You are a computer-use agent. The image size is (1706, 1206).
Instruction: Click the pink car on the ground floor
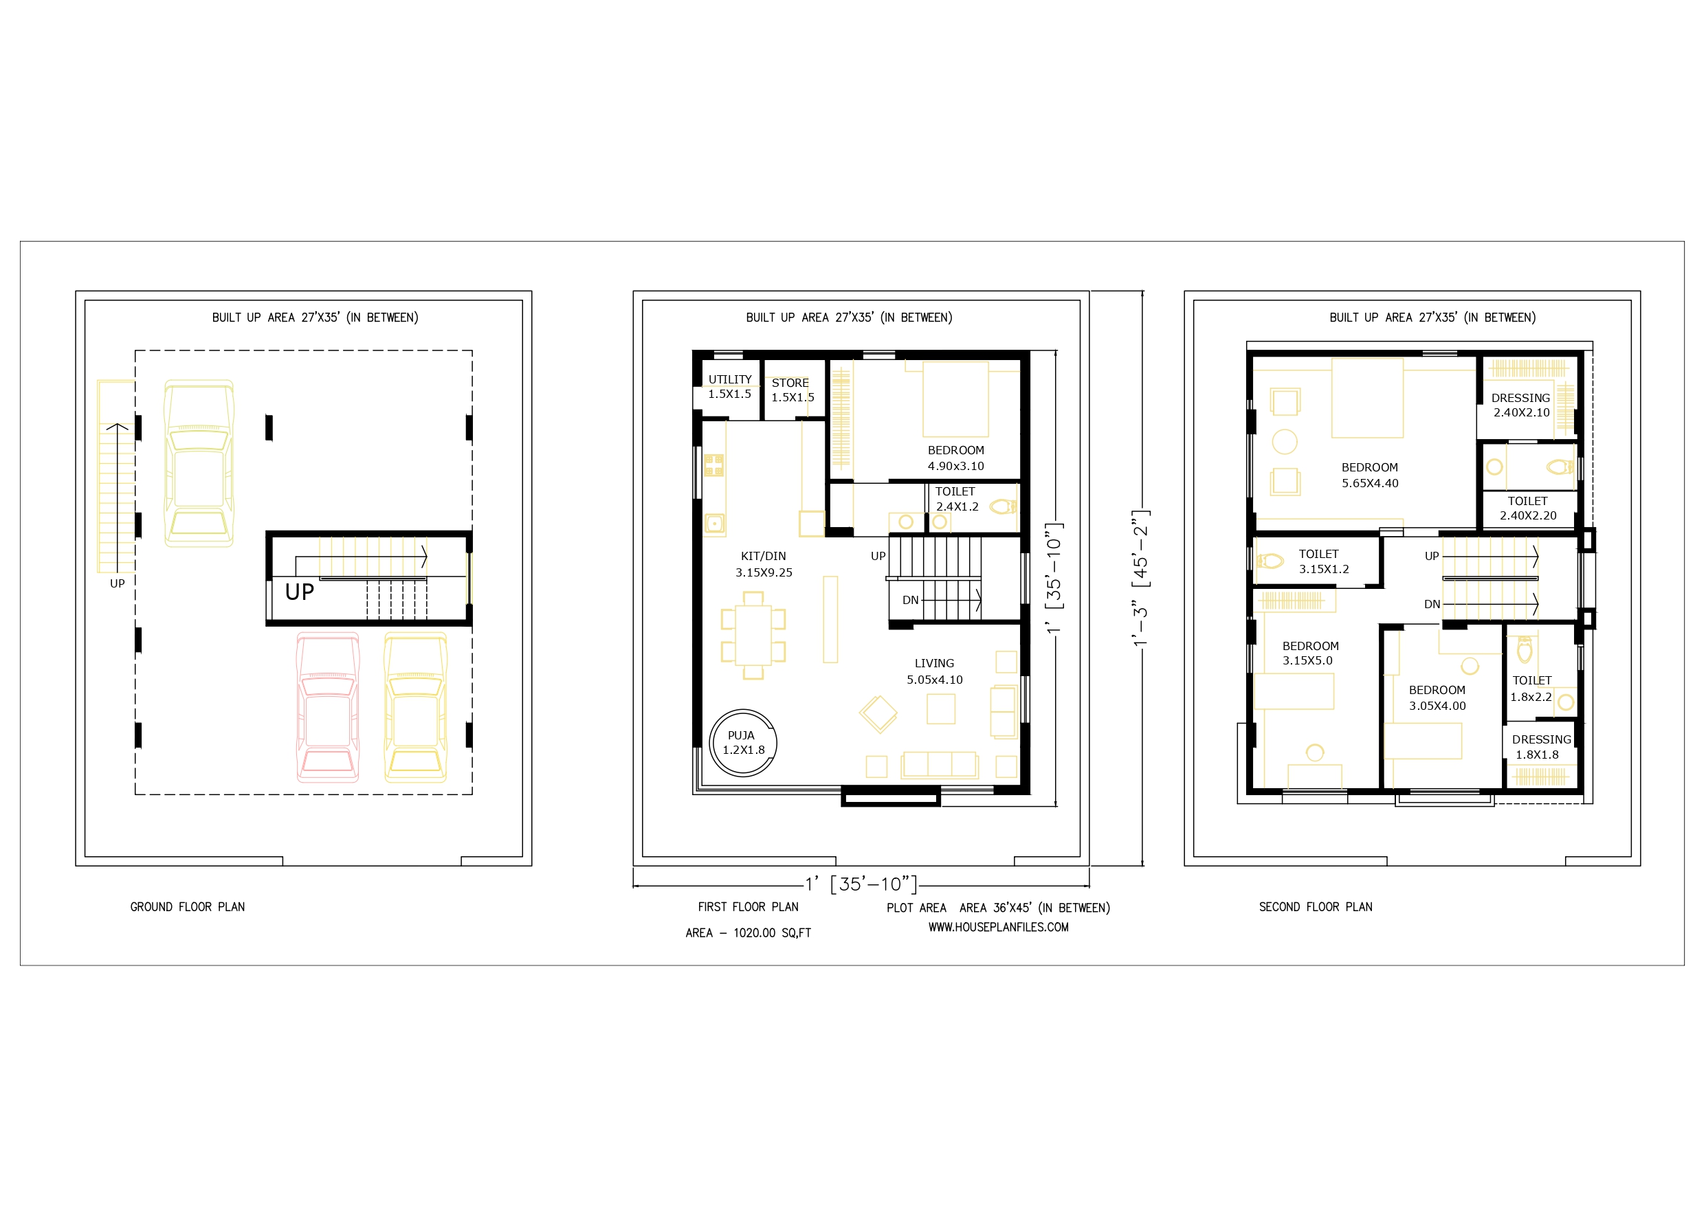328,706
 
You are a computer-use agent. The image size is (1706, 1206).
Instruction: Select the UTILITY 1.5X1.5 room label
730,386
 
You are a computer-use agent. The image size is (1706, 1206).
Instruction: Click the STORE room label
790,383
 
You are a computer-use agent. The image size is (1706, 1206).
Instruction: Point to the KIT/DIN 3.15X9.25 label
764,564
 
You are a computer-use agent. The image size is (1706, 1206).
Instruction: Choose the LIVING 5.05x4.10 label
935,671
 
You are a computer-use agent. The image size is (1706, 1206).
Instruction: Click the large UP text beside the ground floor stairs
300,592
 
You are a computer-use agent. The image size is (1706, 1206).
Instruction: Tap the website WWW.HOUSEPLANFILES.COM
998,928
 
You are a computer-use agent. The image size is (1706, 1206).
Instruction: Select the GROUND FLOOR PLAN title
187,906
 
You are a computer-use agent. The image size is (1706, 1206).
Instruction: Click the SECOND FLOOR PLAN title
1315,906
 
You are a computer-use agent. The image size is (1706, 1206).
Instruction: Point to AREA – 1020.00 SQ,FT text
749,933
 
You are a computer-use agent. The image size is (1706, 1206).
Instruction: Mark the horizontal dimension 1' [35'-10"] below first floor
861,884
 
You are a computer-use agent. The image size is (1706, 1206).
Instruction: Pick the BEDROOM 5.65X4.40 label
1369,475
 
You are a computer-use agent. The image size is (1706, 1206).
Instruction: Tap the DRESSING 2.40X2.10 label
1521,405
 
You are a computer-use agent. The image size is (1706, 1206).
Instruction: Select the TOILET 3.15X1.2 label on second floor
1323,561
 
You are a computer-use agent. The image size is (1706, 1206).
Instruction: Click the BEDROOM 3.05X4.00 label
1437,697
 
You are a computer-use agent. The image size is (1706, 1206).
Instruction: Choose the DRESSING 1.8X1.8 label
1541,747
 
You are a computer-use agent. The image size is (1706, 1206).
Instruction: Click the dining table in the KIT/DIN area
753,636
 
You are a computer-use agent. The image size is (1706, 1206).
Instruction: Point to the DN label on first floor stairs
910,601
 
